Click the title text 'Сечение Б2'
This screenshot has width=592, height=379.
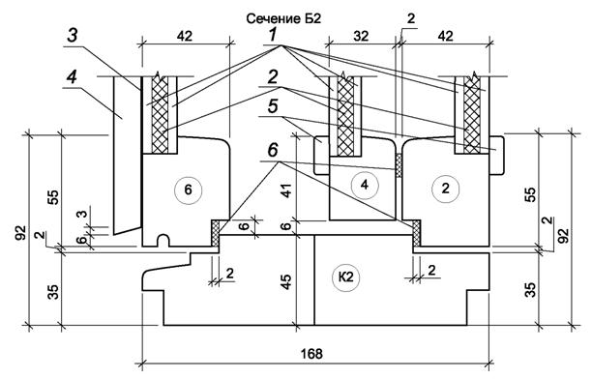pyautogui.click(x=283, y=18)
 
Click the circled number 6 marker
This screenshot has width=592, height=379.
pyautogui.click(x=188, y=189)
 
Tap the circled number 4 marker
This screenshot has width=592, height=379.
pyautogui.click(x=365, y=185)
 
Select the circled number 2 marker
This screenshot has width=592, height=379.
pyautogui.click(x=446, y=188)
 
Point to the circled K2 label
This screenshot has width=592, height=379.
pyautogui.click(x=345, y=277)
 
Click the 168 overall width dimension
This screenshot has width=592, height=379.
pyautogui.click(x=311, y=354)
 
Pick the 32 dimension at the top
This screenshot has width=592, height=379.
pyautogui.click(x=361, y=36)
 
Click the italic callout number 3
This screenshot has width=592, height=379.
pyautogui.click(x=73, y=36)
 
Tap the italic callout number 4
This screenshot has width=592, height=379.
pyautogui.click(x=72, y=77)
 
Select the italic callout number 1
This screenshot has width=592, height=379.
pyautogui.click(x=273, y=35)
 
